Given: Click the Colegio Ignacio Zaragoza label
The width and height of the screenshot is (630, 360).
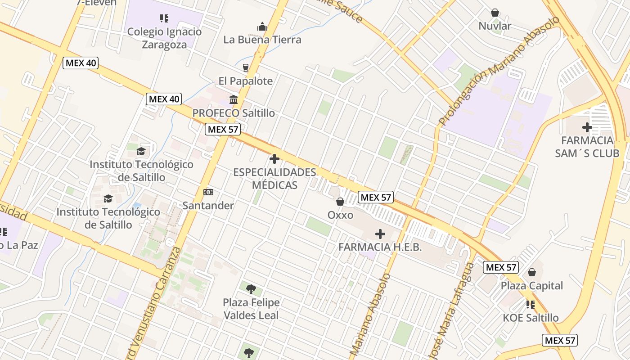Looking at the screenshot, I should pyautogui.click(x=164, y=38).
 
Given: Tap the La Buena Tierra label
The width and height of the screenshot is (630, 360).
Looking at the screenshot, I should pyautogui.click(x=262, y=40).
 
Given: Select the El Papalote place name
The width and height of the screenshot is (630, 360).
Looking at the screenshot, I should pyautogui.click(x=246, y=81).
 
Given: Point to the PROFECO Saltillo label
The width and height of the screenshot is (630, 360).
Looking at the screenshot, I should pyautogui.click(x=234, y=113).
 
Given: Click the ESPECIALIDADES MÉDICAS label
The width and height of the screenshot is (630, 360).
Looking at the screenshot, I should pyautogui.click(x=274, y=179).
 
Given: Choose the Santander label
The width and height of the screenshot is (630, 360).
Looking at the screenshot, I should pyautogui.click(x=208, y=206).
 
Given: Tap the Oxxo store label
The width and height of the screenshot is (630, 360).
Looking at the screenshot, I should pyautogui.click(x=340, y=215).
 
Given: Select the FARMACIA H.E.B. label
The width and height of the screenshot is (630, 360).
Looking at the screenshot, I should pyautogui.click(x=380, y=247).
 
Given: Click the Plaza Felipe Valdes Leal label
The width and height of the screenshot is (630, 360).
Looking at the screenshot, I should pyautogui.click(x=251, y=309).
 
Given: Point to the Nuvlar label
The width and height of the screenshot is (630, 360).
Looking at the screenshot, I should pyautogui.click(x=495, y=26).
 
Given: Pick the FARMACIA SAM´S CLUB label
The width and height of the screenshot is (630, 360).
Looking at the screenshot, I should pyautogui.click(x=587, y=147).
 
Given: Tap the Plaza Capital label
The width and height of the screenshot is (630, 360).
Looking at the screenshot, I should pyautogui.click(x=532, y=286).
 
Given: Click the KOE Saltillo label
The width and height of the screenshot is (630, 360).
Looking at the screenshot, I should pyautogui.click(x=531, y=318).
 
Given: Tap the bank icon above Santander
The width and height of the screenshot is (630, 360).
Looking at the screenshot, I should pyautogui.click(x=208, y=192).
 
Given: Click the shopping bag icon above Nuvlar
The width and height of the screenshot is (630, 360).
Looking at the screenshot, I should pyautogui.click(x=495, y=13).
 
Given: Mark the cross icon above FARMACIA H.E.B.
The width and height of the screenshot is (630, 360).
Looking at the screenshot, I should pyautogui.click(x=380, y=234).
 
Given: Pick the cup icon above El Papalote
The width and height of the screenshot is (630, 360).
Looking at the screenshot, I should pyautogui.click(x=246, y=68).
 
